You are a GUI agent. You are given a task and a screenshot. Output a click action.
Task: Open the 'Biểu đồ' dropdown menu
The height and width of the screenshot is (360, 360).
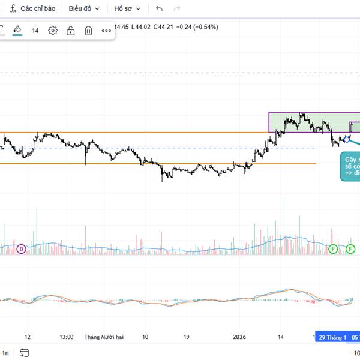[x=84, y=9]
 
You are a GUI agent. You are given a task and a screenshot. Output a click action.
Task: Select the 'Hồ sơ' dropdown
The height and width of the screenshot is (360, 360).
[x=127, y=9]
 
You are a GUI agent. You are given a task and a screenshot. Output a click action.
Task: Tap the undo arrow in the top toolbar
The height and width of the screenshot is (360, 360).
[x=159, y=9]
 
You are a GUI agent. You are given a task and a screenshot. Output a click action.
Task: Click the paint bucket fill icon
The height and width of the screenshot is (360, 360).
[x=17, y=30]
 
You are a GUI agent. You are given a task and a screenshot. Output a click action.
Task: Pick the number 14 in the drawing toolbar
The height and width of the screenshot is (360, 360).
[x=35, y=31]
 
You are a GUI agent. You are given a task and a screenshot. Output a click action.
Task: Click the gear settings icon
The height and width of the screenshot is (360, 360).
[x=53, y=31]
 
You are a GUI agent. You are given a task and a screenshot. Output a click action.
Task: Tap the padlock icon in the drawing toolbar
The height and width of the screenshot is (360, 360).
[x=70, y=31]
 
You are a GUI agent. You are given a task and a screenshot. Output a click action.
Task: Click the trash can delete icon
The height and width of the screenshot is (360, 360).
[x=88, y=31]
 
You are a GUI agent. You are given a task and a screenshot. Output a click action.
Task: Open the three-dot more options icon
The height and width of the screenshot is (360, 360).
[x=106, y=31]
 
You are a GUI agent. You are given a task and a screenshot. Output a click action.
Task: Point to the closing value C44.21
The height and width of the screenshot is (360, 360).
[x=163, y=27]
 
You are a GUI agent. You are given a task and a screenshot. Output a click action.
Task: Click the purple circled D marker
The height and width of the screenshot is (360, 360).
[x=22, y=248]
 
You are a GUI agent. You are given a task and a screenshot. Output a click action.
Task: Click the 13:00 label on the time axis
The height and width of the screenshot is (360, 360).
[x=67, y=337]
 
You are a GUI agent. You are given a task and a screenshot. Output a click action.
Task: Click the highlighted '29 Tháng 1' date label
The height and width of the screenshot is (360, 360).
[x=332, y=337]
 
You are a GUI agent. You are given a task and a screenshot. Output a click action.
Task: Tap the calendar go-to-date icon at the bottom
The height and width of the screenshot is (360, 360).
[x=24, y=353]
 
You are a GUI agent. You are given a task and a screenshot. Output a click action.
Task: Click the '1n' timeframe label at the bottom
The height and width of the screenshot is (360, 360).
[x=5, y=353]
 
